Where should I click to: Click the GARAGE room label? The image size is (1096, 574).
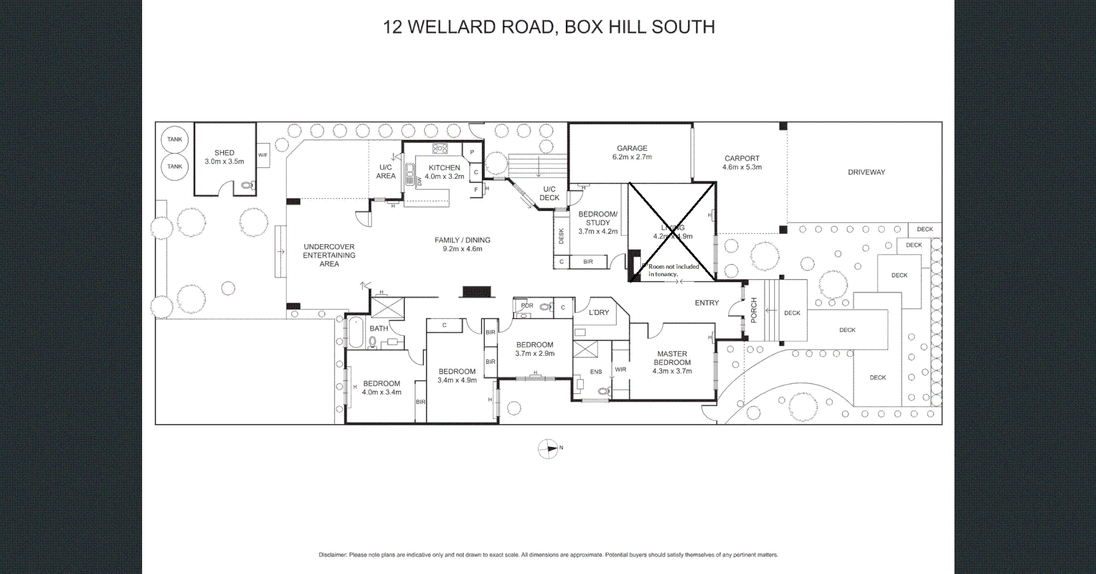(x=632, y=148)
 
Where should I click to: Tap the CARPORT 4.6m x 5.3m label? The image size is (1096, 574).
(x=742, y=163)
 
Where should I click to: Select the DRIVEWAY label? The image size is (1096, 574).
(x=866, y=172)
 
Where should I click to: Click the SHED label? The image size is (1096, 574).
(x=224, y=153)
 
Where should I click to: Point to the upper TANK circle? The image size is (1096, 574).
(x=175, y=139)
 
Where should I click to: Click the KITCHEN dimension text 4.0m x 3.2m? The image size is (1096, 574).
(x=444, y=177)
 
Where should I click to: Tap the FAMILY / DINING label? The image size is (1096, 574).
(x=462, y=240)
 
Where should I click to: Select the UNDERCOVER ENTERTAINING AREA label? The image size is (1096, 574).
(x=329, y=256)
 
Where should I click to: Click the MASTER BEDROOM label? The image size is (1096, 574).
(x=672, y=358)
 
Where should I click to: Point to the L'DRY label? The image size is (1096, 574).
(x=599, y=313)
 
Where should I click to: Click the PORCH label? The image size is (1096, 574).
(x=753, y=310)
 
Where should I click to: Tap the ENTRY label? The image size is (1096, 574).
(x=707, y=303)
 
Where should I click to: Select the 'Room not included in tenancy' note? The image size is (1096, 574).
(x=673, y=270)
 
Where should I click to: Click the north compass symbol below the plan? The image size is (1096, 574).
(x=548, y=449)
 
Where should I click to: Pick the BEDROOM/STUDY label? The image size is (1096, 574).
(x=598, y=219)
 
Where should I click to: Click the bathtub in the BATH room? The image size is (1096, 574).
(x=356, y=333)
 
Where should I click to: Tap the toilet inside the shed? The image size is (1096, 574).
(x=247, y=185)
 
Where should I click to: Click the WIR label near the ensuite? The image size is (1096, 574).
(x=620, y=370)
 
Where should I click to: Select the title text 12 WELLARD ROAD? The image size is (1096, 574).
(x=468, y=27)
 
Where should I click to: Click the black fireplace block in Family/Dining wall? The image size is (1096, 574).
(x=477, y=292)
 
